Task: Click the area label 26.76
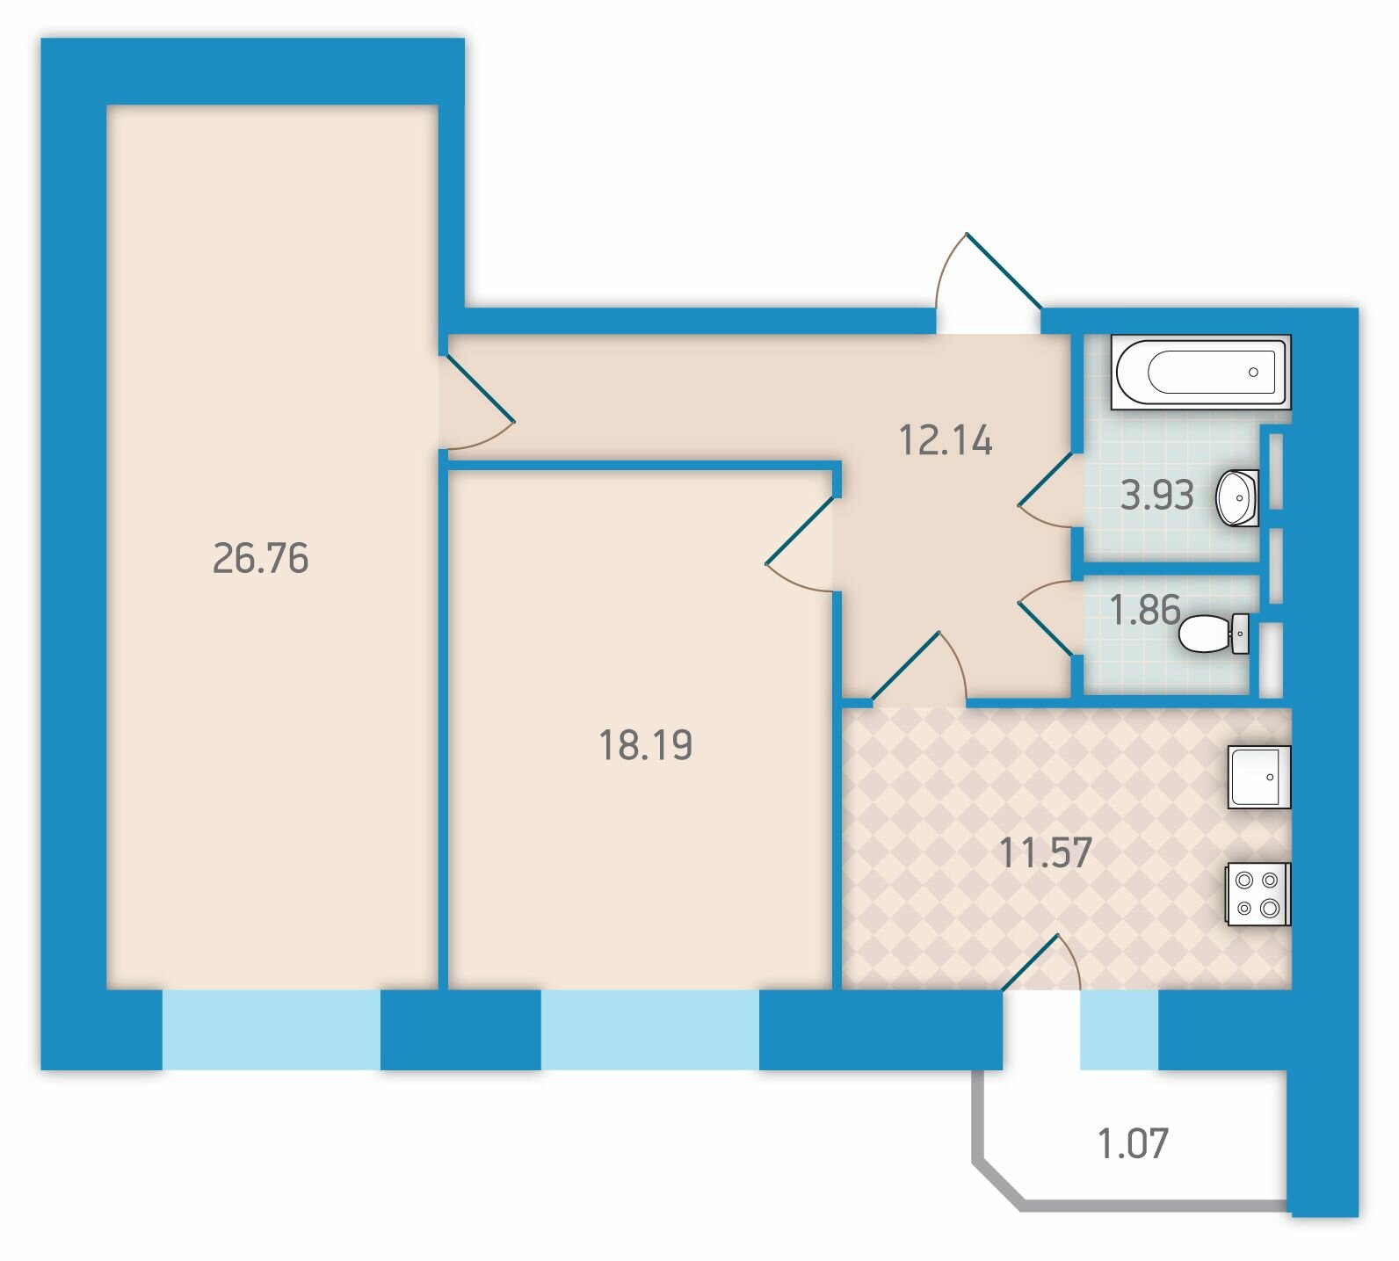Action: coord(261,559)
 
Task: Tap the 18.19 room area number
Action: coord(646,745)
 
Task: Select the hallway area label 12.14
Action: coord(946,439)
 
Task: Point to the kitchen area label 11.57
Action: coord(1046,852)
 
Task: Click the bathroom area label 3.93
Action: coord(1157,496)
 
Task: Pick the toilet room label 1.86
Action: coord(1145,609)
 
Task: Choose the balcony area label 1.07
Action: coord(1133,1144)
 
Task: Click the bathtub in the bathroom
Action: coord(1200,372)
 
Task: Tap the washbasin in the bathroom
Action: coord(1237,497)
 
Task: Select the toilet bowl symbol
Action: coord(1214,634)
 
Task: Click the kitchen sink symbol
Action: coord(1259,777)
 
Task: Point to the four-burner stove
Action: coord(1258,894)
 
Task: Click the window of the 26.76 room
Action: coord(271,1030)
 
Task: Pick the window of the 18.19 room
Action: coord(649,1030)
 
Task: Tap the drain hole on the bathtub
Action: coord(1253,372)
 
